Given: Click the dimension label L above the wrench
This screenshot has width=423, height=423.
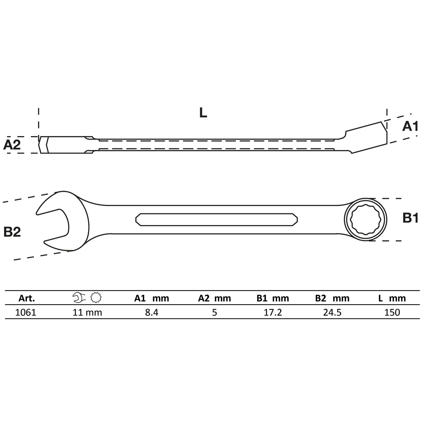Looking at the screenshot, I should point(203,113).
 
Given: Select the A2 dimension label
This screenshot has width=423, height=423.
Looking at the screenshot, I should point(12,145).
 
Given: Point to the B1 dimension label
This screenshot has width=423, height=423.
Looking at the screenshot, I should point(410,218).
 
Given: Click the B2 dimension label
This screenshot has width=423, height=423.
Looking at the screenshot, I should point(12,232).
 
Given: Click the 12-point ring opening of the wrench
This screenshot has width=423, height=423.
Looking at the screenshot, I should point(365,219).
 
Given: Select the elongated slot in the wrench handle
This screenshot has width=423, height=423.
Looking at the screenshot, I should point(216,219).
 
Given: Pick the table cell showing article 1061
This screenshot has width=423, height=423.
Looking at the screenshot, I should point(26,312).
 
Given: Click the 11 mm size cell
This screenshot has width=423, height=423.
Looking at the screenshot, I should point(87,312).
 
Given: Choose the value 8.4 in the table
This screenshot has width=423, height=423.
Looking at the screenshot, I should point(151,312).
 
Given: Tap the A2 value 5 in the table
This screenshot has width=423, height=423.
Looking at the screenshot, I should point(214,312).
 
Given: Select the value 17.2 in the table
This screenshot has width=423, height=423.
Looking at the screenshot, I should point(273,312).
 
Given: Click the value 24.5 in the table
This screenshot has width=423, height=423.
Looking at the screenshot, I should point(332,312).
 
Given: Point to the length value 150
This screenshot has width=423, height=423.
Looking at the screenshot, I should point(392,312).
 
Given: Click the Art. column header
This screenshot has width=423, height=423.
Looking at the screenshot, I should point(26,298).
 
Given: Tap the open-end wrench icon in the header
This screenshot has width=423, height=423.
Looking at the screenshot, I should point(79,298).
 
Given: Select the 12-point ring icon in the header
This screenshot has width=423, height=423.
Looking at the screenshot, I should point(96,298).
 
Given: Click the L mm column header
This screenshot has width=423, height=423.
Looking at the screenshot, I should point(392,298).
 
